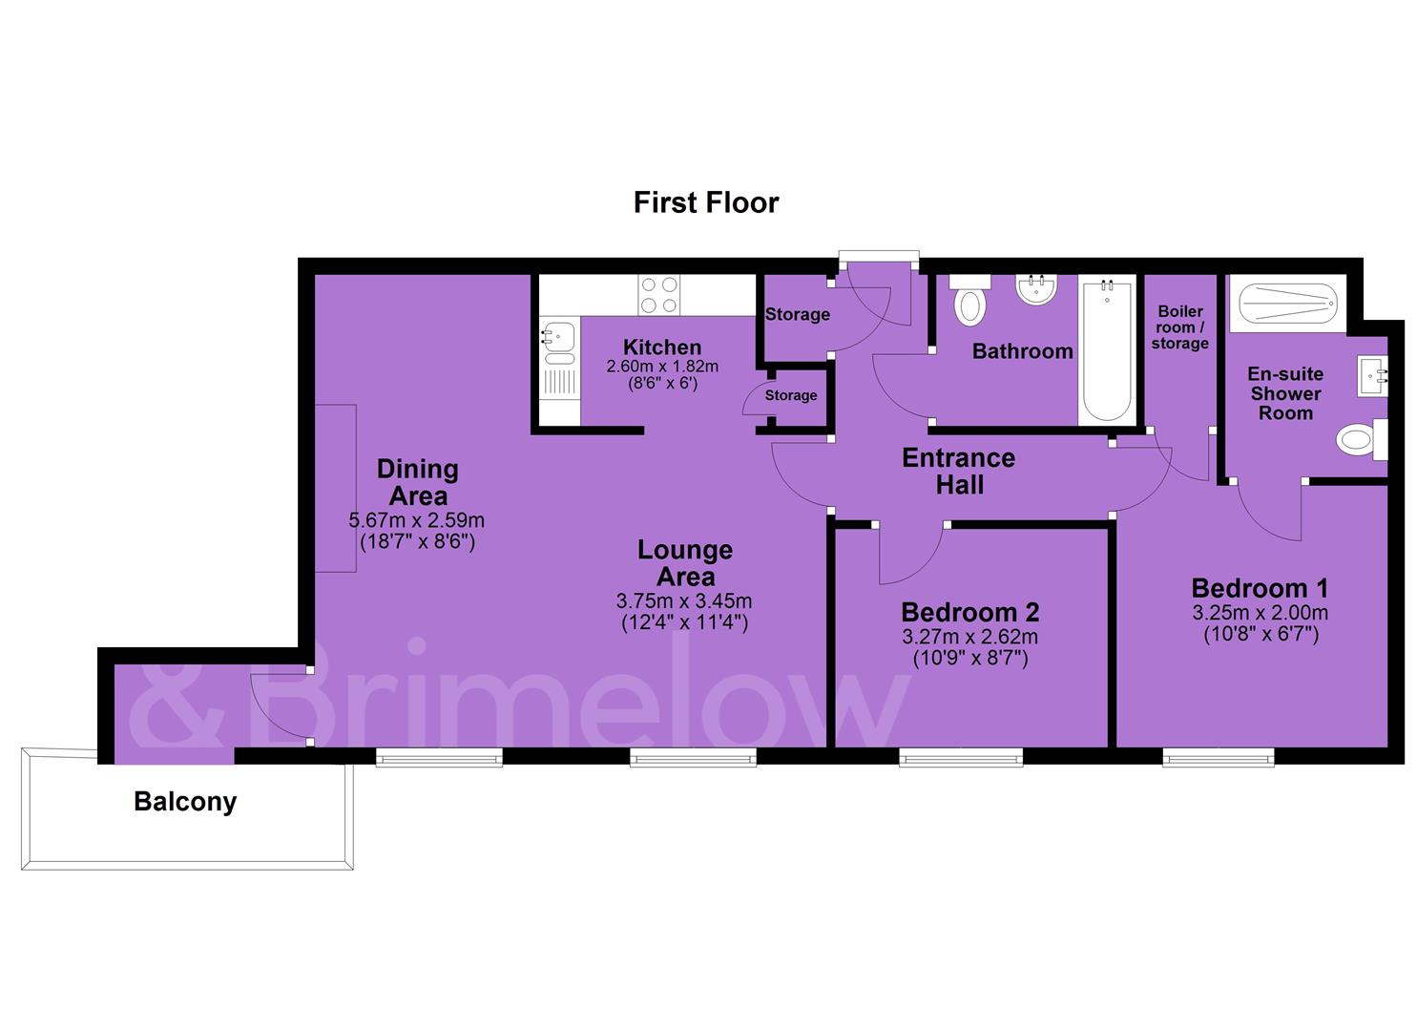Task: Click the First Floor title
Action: [x=706, y=202]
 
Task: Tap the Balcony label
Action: [x=185, y=802]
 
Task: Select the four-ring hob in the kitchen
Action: [x=659, y=294]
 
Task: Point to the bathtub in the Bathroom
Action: [x=1107, y=351]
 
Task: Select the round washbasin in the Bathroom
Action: [x=1035, y=289]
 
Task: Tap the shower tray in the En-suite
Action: [x=1288, y=304]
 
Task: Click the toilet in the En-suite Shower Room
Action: [x=1362, y=439]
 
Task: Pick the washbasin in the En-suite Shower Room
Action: [x=1372, y=376]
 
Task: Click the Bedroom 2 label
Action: [x=969, y=612]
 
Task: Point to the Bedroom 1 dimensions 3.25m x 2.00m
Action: [x=1261, y=613]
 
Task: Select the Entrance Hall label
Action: [x=959, y=471]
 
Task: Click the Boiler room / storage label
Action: [x=1179, y=327]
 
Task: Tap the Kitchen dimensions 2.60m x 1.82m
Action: [x=662, y=367]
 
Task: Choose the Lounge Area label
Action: [x=685, y=562]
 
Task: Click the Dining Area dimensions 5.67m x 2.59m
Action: [x=417, y=520]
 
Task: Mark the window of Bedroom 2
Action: [x=961, y=757]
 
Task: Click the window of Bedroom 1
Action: [x=1219, y=757]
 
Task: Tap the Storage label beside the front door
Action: [x=797, y=315]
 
